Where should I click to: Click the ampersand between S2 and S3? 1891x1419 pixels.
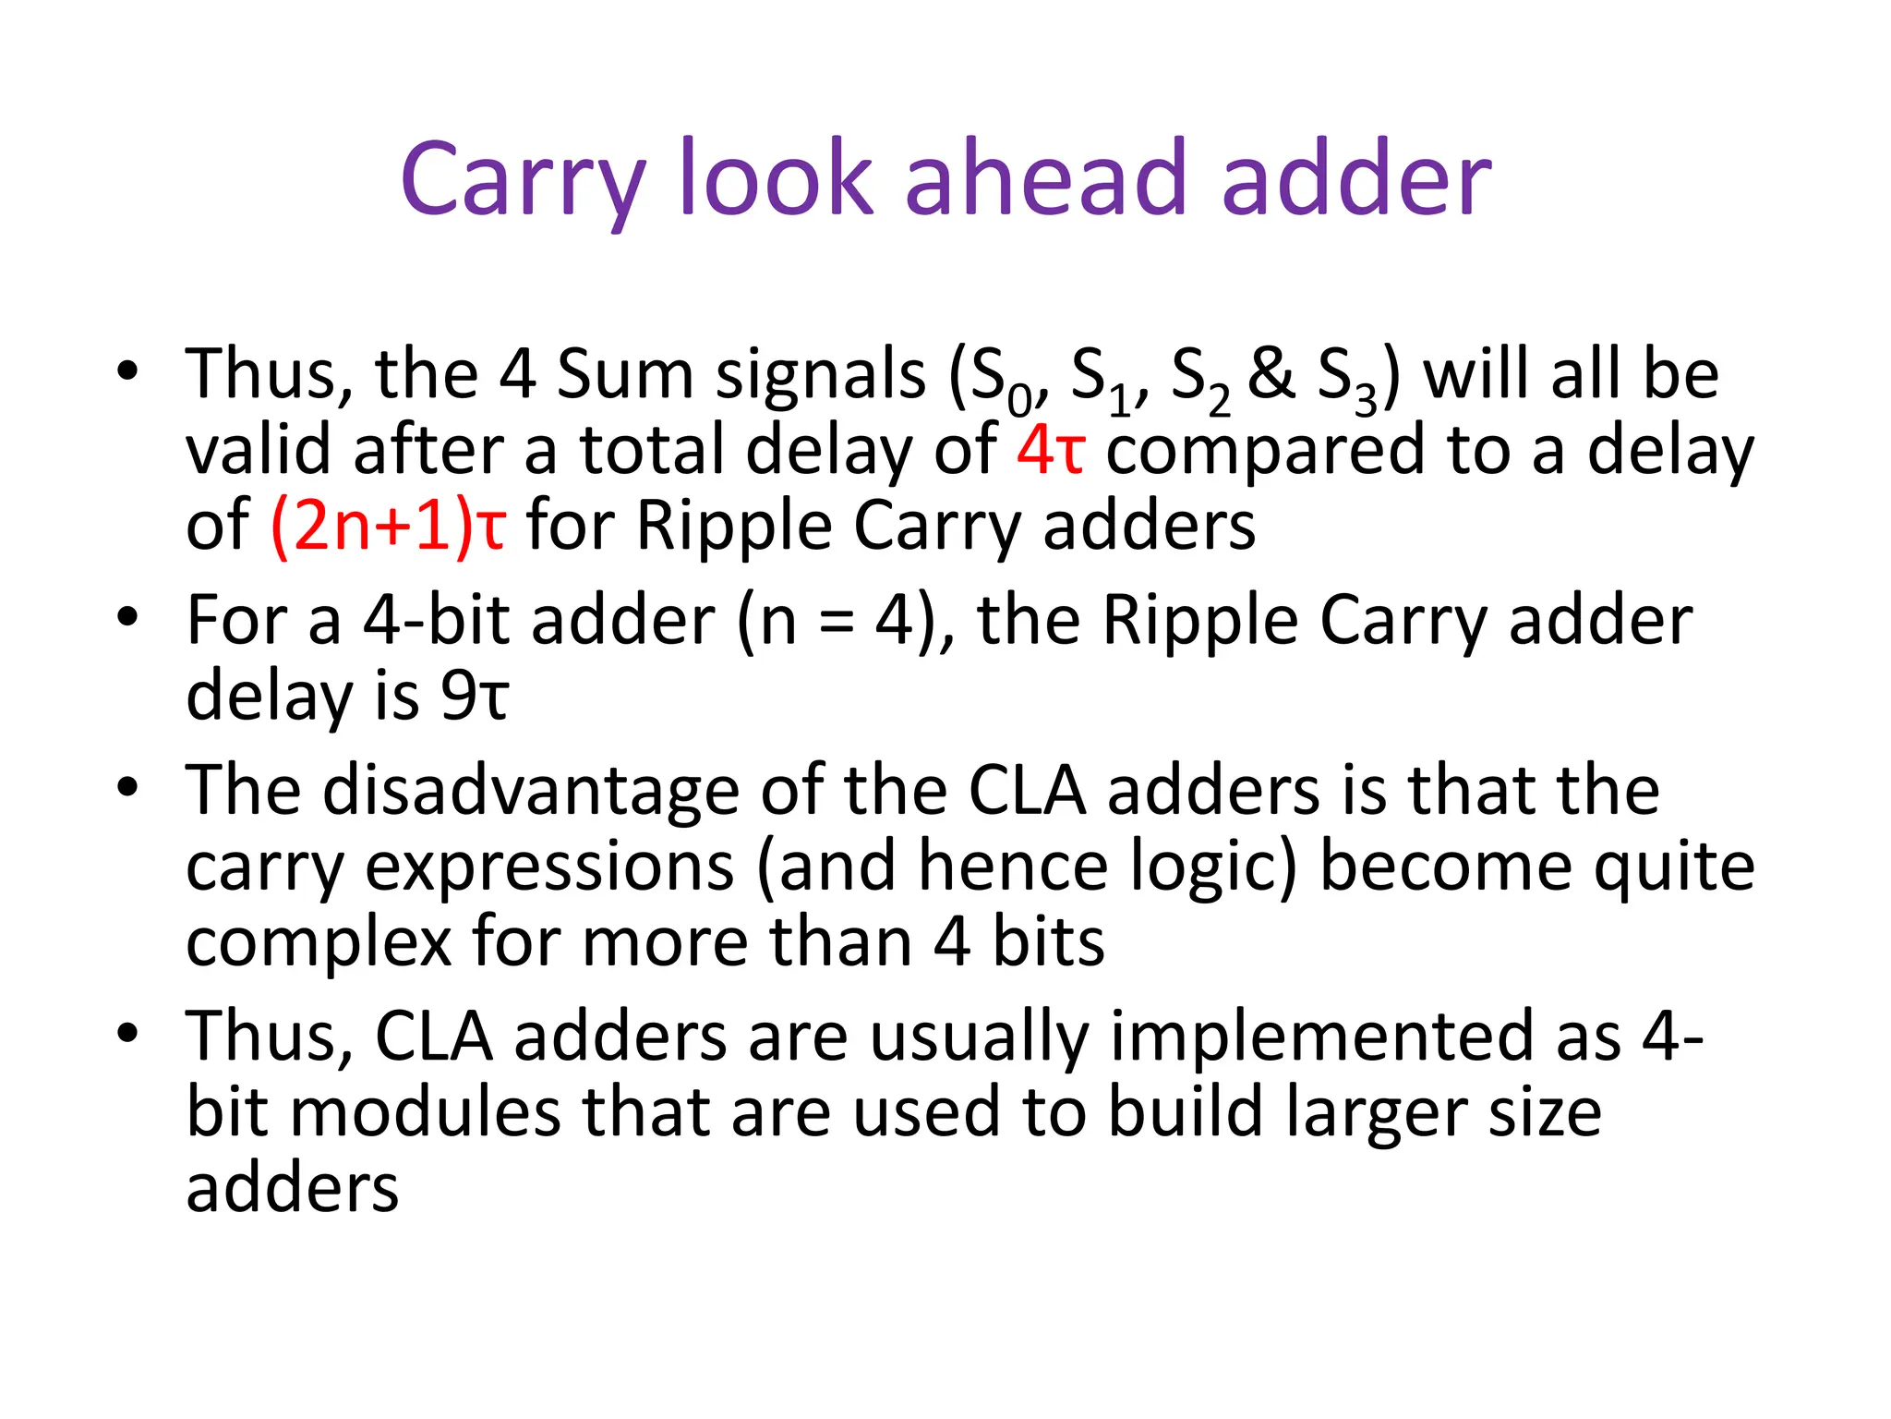[1271, 374]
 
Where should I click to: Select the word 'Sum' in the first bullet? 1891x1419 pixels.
[625, 374]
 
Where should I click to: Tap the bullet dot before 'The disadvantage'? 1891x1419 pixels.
[127, 787]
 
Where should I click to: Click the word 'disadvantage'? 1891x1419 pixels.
[530, 793]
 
